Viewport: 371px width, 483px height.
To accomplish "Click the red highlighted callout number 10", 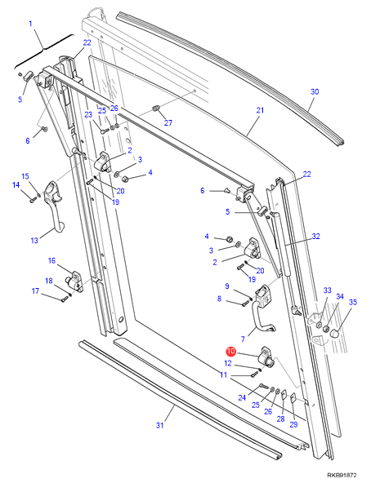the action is [231, 351].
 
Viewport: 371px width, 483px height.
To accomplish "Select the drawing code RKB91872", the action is [342, 476].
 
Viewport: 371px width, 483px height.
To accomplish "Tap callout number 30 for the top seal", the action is [315, 91].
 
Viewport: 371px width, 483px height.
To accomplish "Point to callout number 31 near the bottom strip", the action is [159, 425].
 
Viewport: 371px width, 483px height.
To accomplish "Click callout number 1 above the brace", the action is [30, 24].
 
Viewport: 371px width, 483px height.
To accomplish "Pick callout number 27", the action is [168, 122].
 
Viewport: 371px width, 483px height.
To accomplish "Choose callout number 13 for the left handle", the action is [34, 240].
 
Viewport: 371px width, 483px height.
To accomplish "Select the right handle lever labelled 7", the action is [262, 309].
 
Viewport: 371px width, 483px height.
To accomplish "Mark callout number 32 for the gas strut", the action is [315, 237].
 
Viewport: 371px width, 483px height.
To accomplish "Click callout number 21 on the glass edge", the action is [260, 110].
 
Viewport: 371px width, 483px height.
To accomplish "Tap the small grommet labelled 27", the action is [157, 109].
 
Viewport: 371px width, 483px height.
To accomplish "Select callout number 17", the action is [35, 290].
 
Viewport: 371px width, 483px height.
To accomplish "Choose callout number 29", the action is [293, 424].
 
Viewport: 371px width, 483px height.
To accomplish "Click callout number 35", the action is [353, 302].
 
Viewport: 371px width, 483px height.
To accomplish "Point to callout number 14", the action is [16, 185].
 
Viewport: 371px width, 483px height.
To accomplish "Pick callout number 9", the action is [227, 286].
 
